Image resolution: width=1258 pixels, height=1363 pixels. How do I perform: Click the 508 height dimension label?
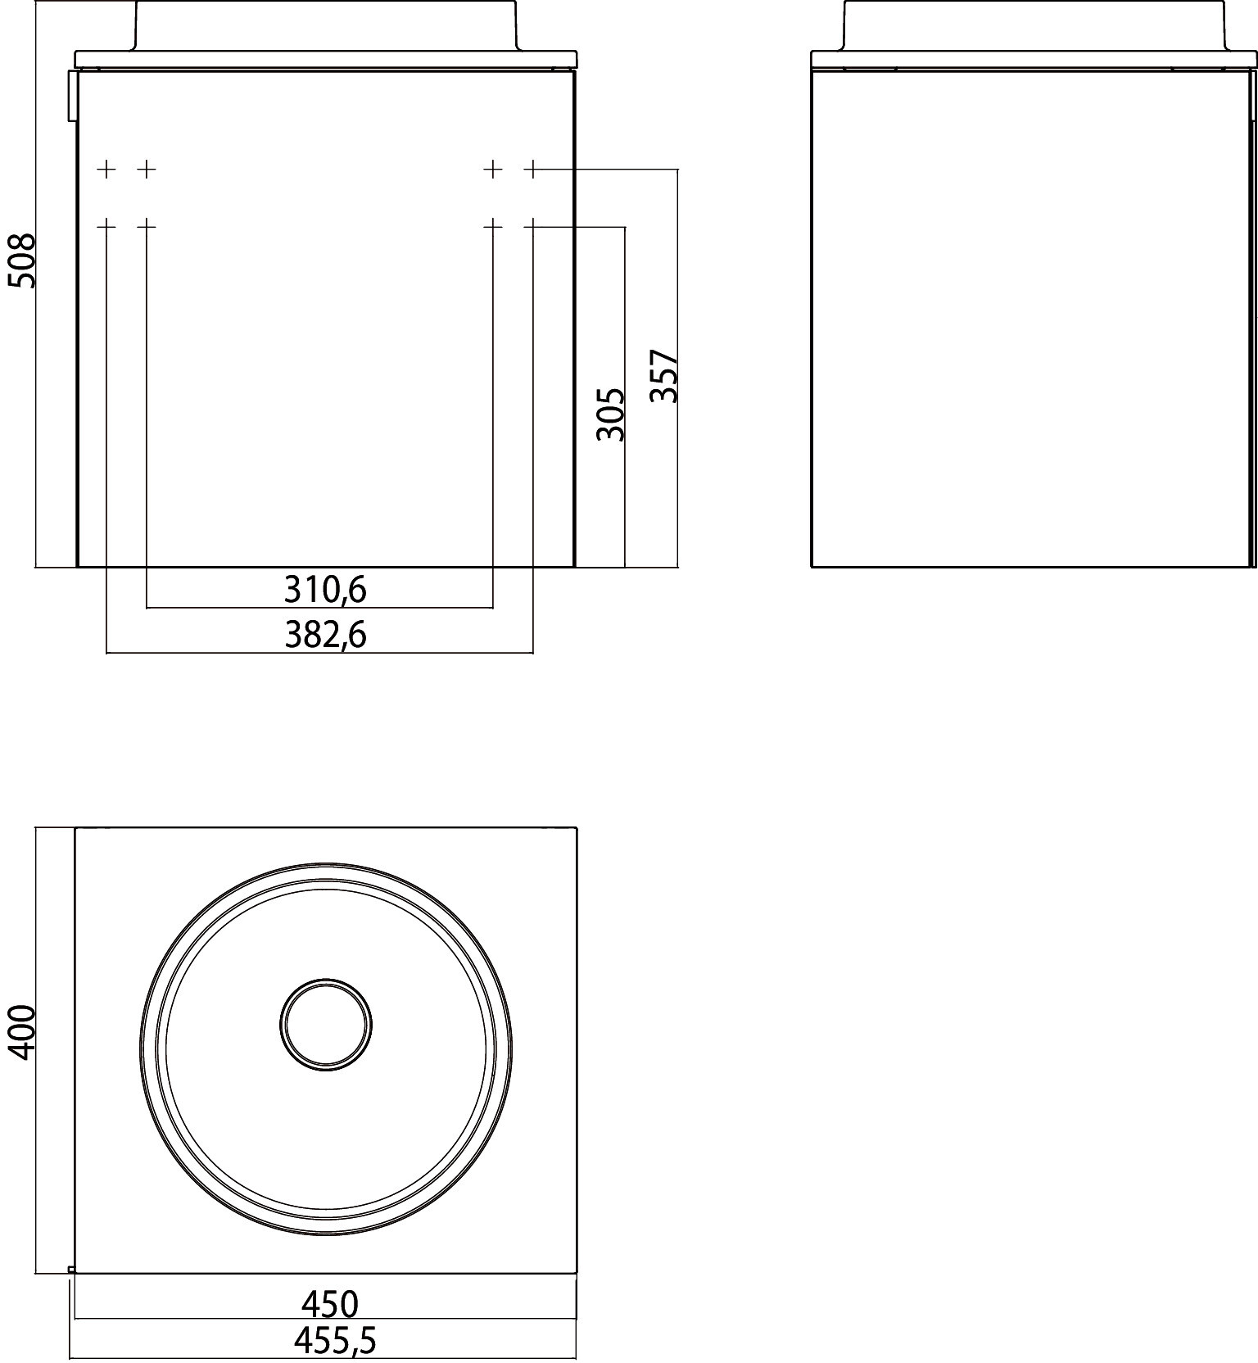click(x=22, y=260)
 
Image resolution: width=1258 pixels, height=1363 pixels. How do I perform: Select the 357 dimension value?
click(x=664, y=376)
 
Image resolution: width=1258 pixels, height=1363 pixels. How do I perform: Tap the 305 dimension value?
click(x=611, y=414)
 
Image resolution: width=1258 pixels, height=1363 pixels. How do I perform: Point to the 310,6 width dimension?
click(x=325, y=590)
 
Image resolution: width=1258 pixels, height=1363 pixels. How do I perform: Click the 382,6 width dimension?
click(x=325, y=635)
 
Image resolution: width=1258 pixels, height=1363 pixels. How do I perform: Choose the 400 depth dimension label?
click(x=22, y=1032)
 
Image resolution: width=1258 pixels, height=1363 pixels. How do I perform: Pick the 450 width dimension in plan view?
click(x=330, y=1302)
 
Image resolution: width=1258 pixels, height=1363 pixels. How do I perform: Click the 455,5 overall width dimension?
click(x=334, y=1341)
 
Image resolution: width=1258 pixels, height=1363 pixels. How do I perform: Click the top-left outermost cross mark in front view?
click(x=106, y=170)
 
